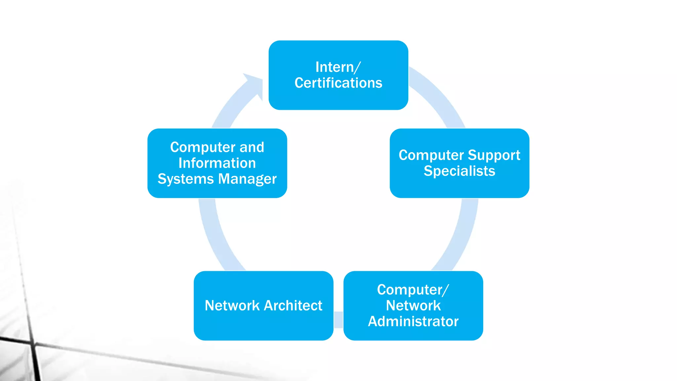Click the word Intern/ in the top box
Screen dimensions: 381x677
click(338, 67)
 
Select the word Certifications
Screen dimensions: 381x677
click(338, 83)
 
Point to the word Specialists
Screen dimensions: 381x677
click(459, 171)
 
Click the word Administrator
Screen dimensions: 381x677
click(413, 321)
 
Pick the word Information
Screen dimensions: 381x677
click(217, 163)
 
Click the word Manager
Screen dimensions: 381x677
click(247, 179)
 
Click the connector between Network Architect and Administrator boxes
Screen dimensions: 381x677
click(338, 320)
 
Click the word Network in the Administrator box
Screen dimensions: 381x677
click(413, 306)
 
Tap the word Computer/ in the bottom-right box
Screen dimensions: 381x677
click(413, 290)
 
